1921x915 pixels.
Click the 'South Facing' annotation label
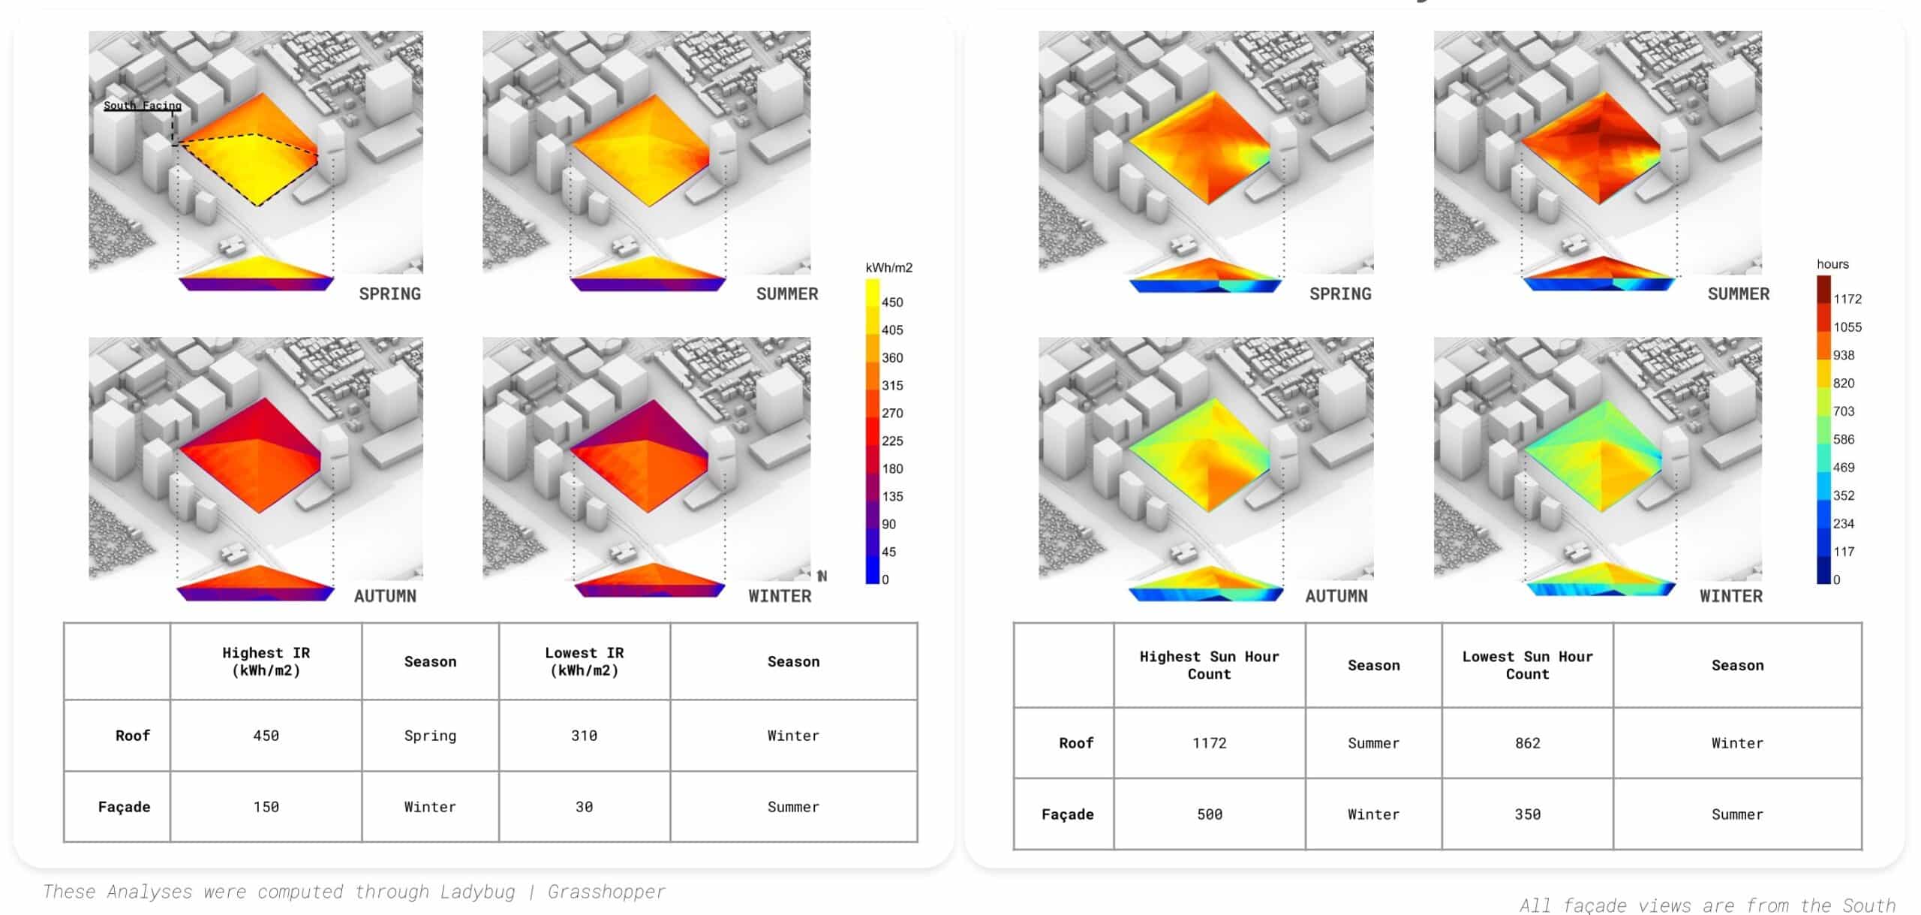142,106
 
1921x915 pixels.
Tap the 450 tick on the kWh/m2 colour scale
891,302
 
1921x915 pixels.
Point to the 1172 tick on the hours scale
1847,299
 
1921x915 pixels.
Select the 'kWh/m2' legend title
888,268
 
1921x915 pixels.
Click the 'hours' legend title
1832,264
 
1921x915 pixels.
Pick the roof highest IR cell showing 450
266,736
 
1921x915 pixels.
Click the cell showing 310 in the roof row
584,736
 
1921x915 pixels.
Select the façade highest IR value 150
266,807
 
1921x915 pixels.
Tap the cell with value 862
1527,743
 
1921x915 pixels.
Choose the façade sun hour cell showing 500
1209,814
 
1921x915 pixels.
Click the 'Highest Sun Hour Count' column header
1209,665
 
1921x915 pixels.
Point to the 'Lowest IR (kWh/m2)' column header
584,661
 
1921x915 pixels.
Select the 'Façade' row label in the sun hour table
1067,814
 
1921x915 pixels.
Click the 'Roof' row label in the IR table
133,736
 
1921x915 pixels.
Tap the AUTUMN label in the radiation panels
385,596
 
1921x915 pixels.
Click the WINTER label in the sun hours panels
1730,596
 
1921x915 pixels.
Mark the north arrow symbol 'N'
822,576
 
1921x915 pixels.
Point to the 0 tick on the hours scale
1836,579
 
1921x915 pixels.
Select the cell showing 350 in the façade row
1527,814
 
